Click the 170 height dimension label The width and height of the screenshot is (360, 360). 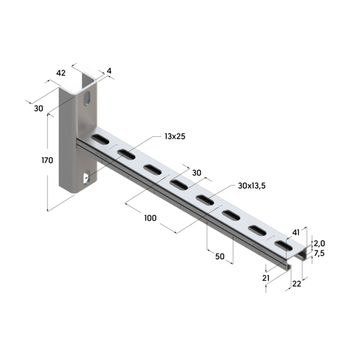[47, 161]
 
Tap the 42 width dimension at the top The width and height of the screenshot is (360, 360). [61, 73]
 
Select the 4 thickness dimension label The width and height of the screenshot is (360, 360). [109, 71]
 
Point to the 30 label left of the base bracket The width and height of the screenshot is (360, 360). [38, 109]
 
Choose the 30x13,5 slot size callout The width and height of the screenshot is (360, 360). [252, 186]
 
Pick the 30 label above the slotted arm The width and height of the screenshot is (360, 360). [196, 173]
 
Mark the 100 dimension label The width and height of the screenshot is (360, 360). [150, 218]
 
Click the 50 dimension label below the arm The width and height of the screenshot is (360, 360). [220, 257]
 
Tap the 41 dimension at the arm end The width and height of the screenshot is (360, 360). [296, 232]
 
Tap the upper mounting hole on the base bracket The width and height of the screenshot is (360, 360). [89, 100]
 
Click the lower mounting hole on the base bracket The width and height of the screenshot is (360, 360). [86, 178]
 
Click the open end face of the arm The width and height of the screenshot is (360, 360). [299, 256]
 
